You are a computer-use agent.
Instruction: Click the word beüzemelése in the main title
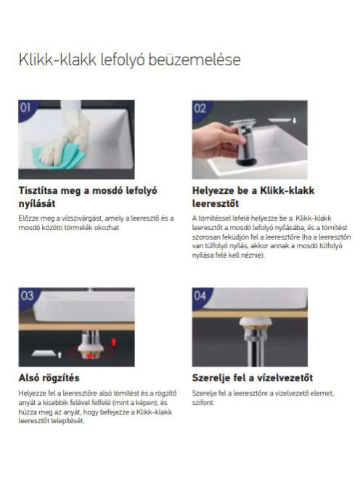coord(195,60)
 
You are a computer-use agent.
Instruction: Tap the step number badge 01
coord(26,108)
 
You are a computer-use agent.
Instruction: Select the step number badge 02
coord(200,108)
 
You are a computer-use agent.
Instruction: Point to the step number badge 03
coord(26,295)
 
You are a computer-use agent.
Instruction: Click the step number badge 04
coord(200,295)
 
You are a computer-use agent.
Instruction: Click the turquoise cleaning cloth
coord(58,158)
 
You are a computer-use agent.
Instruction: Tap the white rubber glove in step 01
coord(65,135)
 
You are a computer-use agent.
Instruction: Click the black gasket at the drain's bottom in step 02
coord(247,162)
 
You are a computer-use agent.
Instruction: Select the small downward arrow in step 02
coord(294,120)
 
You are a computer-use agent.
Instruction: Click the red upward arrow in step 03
coord(114,341)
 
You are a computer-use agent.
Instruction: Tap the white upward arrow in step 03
coord(60,355)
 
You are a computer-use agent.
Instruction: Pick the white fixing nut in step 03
coord(91,348)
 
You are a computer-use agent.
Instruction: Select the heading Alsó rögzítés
coord(49,377)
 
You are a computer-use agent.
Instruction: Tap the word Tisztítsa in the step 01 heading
coord(38,191)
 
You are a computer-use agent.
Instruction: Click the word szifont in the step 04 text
coord(203,402)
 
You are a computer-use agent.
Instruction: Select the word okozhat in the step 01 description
coord(107,228)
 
